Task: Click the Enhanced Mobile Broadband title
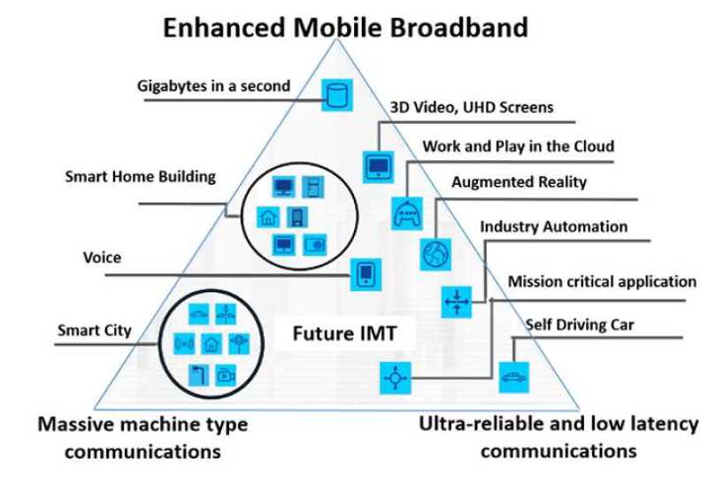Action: (x=345, y=27)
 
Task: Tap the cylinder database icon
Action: (x=337, y=95)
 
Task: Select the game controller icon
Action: (x=407, y=213)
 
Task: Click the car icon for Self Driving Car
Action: (x=514, y=377)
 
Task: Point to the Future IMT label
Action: (x=344, y=334)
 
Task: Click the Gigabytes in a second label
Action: (x=213, y=86)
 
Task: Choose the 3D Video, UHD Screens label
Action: (x=472, y=107)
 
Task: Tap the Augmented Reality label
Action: (x=519, y=182)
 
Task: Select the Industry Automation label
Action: (x=554, y=227)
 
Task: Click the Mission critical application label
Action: (x=603, y=281)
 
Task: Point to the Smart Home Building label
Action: (x=141, y=176)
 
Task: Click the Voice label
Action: (x=102, y=258)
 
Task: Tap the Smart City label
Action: (x=95, y=330)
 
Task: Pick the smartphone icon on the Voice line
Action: (x=366, y=274)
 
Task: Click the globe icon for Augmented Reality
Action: (x=435, y=254)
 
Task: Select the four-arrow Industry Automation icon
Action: (x=457, y=302)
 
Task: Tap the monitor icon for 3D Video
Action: (x=379, y=167)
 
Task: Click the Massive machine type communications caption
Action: (x=142, y=437)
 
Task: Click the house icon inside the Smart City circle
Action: (x=212, y=343)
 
